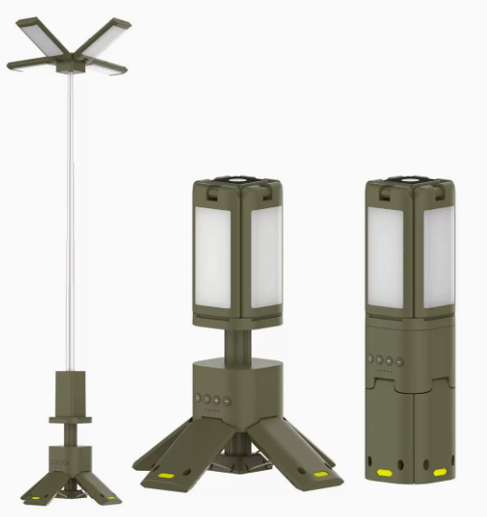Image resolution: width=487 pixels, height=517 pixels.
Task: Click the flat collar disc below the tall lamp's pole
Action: click(x=71, y=417)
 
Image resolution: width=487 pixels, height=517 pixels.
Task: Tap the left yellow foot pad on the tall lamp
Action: click(x=35, y=497)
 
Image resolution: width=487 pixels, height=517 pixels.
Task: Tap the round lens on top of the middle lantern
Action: click(x=240, y=179)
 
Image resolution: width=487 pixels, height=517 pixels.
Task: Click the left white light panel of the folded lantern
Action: click(x=385, y=254)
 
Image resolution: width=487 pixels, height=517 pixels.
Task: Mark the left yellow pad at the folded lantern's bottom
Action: click(x=383, y=473)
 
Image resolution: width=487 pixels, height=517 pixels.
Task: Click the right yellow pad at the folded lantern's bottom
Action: click(x=439, y=473)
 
